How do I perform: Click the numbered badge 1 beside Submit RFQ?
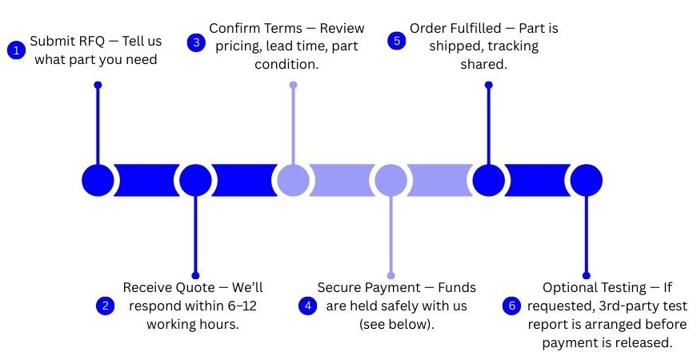(x=17, y=50)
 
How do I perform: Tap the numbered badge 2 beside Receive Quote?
(x=106, y=306)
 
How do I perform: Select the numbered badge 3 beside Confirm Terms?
(x=196, y=42)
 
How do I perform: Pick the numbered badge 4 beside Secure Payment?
(x=307, y=306)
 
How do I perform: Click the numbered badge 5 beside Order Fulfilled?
(x=396, y=41)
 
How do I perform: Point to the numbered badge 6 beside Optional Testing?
(x=511, y=306)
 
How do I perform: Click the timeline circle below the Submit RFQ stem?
(x=98, y=180)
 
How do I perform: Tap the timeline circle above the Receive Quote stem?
(x=195, y=180)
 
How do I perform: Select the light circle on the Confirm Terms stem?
(x=294, y=180)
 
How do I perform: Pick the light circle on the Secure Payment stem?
(x=391, y=180)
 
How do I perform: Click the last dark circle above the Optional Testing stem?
(x=587, y=180)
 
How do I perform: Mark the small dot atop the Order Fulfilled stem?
(x=488, y=85)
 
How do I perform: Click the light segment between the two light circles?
(x=342, y=180)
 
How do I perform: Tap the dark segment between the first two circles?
(x=146, y=180)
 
